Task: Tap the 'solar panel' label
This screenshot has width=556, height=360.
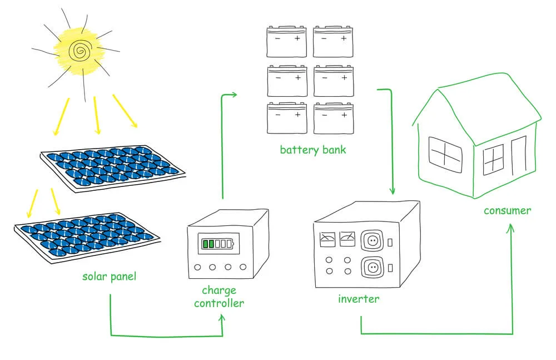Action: point(109,277)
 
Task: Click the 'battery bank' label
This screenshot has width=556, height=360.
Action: point(312,150)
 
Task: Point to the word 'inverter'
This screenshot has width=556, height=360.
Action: point(359,299)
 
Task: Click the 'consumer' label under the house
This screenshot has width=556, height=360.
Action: point(507,210)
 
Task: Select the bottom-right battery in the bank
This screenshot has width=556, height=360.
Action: point(334,118)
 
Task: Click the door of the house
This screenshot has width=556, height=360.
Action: point(518,155)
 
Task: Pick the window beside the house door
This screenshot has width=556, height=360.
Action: point(493,160)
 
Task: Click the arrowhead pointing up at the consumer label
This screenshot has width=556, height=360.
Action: point(512,228)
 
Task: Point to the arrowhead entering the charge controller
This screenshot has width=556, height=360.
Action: point(222,318)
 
